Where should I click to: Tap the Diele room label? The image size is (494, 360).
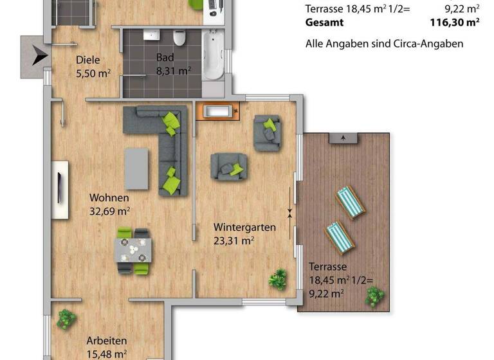tap(88, 60)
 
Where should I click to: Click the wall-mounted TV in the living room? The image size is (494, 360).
tap(60, 190)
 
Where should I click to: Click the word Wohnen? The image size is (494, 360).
tap(109, 197)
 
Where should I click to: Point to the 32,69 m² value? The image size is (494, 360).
tap(110, 210)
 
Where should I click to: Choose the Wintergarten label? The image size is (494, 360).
tap(244, 227)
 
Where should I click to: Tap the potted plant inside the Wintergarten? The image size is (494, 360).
tap(278, 278)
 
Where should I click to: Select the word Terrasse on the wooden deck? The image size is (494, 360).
tap(328, 266)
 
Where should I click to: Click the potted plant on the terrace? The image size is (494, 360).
tap(373, 297)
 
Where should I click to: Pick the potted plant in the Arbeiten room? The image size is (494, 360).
tap(66, 319)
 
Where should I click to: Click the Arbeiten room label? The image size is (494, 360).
tap(107, 341)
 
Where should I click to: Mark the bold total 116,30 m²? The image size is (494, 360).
tap(454, 22)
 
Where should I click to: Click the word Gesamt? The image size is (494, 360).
tap(324, 22)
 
